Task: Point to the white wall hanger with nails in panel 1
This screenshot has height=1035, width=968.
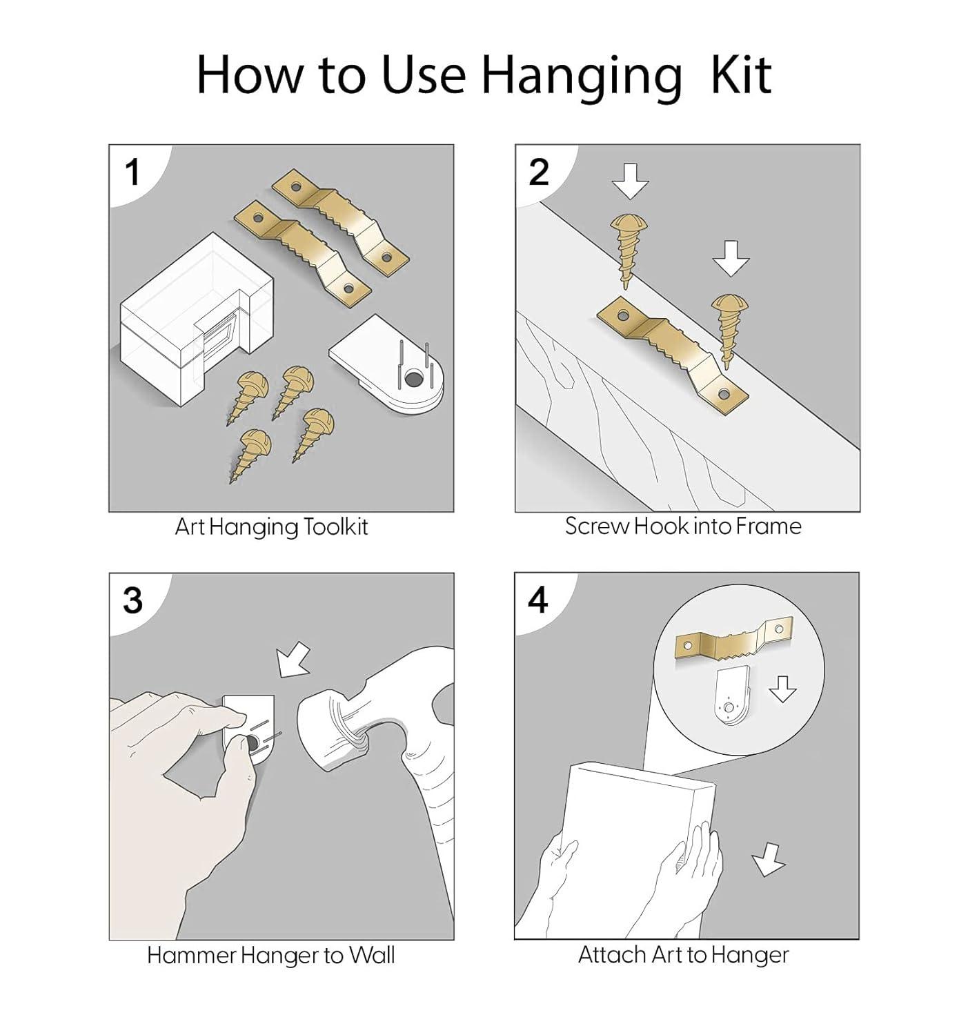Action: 386,364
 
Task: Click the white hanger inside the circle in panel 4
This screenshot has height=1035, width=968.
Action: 733,696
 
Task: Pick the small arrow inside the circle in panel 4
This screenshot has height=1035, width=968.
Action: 783,689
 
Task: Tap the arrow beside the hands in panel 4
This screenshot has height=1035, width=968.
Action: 768,859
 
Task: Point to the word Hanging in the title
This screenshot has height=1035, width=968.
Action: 581,77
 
